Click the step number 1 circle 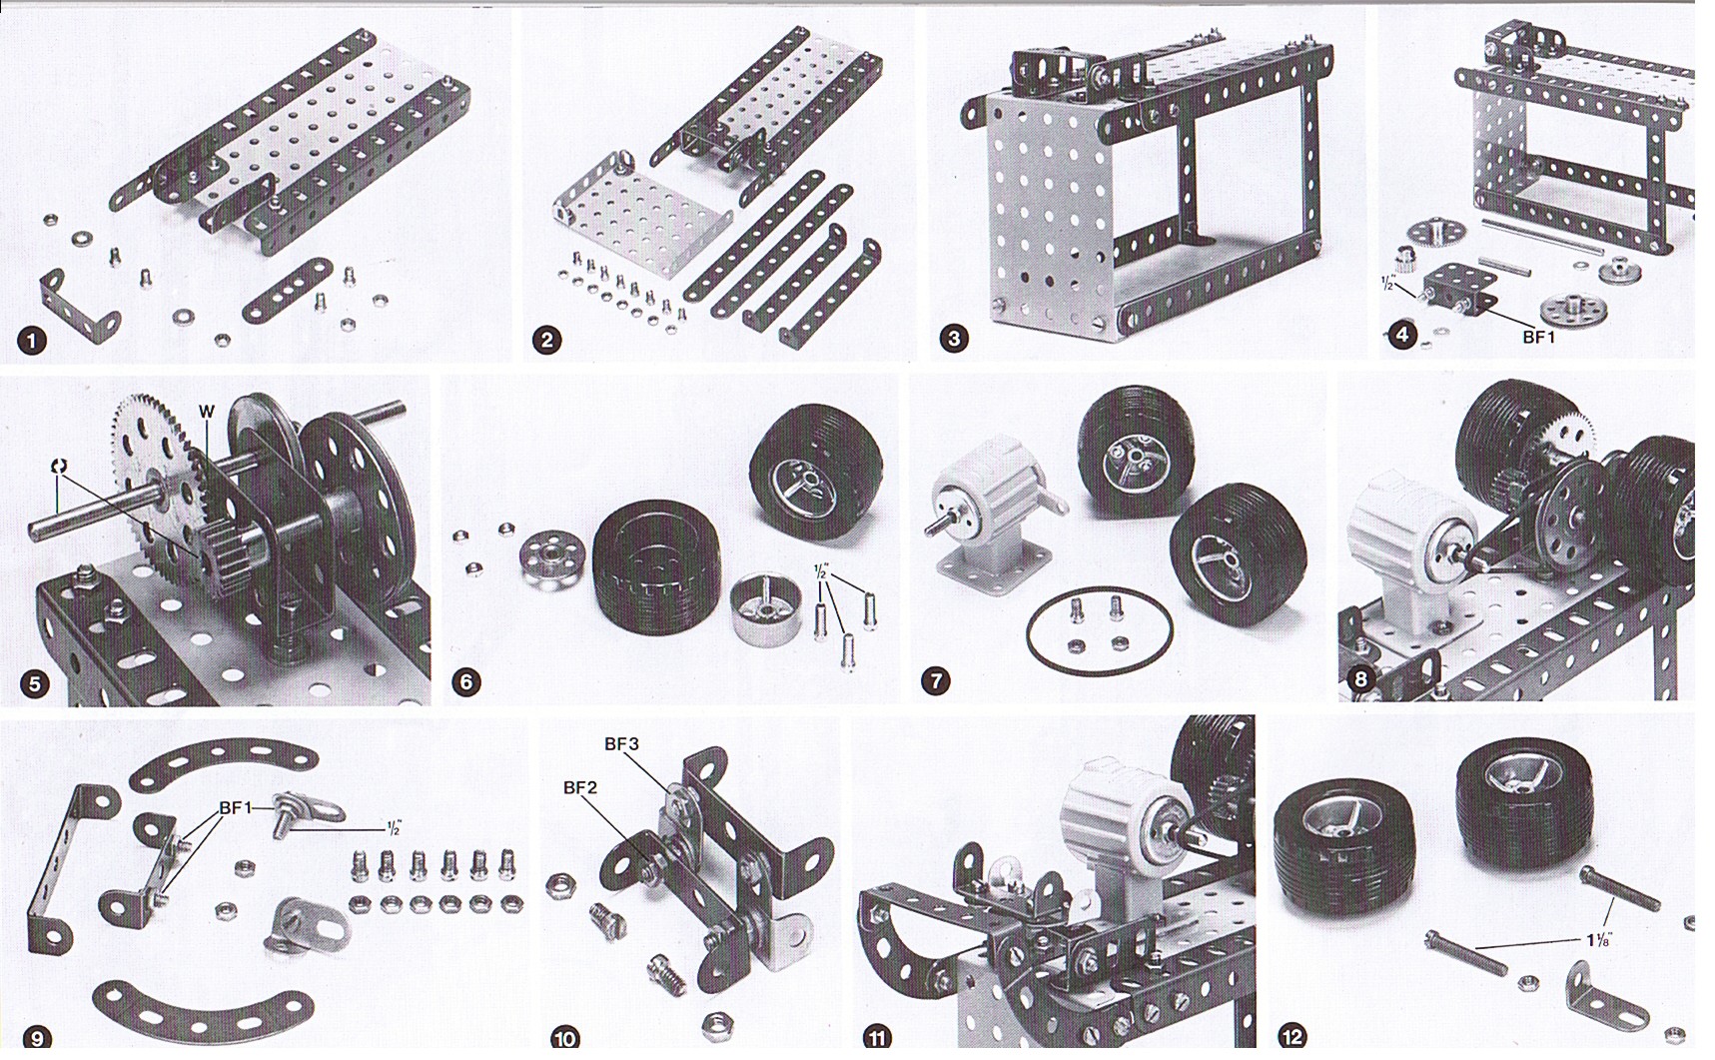32,341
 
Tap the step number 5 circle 35,683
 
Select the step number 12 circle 1291,1037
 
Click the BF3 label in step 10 621,744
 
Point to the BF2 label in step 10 580,787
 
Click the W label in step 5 207,411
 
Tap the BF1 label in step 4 1539,338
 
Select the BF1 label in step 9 236,807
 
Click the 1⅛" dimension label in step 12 1599,939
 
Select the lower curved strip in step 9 203,1009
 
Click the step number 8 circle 1360,680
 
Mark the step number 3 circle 954,339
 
